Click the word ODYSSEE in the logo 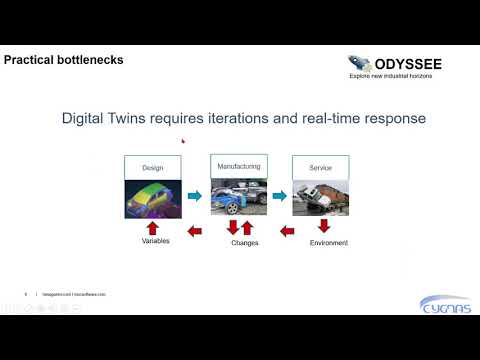[x=394, y=62]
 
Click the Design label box [x=153, y=168]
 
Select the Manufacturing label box [x=238, y=165]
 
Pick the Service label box [x=320, y=168]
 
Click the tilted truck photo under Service [x=320, y=197]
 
